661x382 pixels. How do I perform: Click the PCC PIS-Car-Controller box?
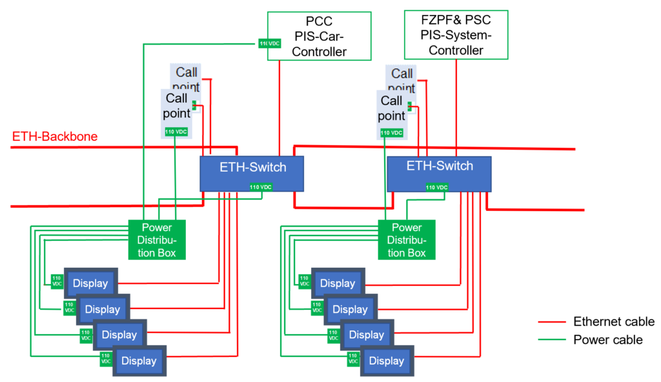coord(319,36)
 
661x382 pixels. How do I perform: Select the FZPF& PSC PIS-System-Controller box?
coord(456,35)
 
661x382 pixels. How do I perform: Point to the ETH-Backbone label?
coord(55,137)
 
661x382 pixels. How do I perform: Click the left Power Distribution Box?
coord(157,239)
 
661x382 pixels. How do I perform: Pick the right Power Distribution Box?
coord(407,239)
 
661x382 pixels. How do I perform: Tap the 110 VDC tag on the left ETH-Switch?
coord(261,187)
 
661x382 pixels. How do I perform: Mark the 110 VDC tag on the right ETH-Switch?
coord(437,188)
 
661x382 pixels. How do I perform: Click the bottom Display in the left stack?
coord(139,361)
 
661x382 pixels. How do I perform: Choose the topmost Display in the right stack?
coord(338,283)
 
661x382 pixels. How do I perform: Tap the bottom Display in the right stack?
coord(387,361)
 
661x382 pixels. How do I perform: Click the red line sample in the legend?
coord(552,323)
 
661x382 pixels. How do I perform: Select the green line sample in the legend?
coord(552,340)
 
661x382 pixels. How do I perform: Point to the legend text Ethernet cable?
coord(613,322)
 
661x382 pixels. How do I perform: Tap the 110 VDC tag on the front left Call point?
coord(176,132)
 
